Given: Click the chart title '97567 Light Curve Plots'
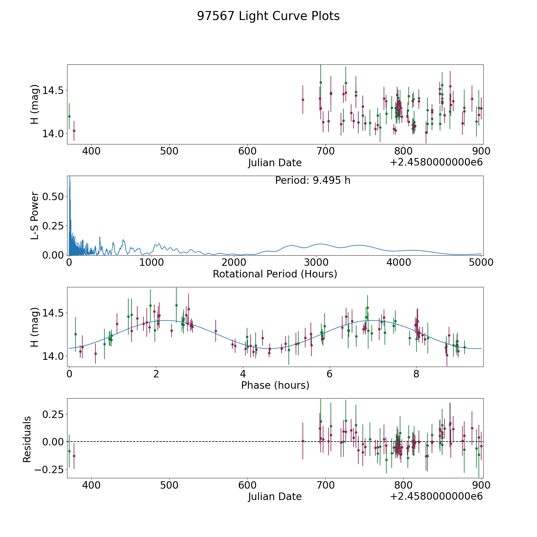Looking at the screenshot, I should pos(268,16).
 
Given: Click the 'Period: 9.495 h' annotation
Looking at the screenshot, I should pos(312,180).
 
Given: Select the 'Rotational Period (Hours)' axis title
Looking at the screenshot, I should pos(275,274).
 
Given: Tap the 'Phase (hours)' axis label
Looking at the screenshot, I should pos(275,385).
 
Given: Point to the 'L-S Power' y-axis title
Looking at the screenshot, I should pos(35,215).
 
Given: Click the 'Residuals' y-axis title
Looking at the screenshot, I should pos(27,439).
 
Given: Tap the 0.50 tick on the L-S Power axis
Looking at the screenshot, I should pos(53,197).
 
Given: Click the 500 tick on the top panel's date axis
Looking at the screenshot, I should pos(169,151).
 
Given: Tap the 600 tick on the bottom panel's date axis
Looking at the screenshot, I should pos(247,485).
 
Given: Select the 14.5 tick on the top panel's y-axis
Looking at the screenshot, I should pos(53,90).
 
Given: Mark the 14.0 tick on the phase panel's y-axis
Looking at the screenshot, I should pos(53,356).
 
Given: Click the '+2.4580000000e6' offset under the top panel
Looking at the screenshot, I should pos(436,162).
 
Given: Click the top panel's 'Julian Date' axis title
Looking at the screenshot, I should pos(275,163).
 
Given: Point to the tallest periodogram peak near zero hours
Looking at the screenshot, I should pos(70,177).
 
